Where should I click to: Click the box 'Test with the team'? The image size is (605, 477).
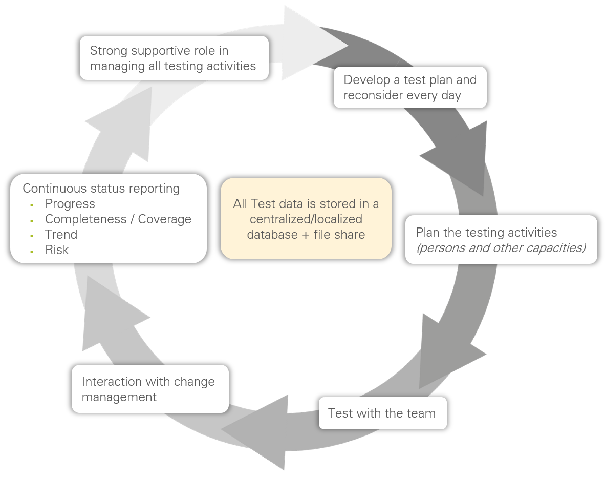point(382,413)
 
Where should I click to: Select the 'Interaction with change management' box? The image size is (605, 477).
point(150,389)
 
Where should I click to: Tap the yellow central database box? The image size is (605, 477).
point(306,219)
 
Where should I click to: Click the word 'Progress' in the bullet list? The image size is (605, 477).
point(70,204)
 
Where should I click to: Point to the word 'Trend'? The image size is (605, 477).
point(61,235)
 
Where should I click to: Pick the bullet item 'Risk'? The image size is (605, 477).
point(57,250)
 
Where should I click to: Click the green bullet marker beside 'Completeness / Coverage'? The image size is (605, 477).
point(32,220)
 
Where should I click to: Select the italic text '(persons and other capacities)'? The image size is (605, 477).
point(501,248)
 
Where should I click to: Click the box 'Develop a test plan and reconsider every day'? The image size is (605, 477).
point(410,88)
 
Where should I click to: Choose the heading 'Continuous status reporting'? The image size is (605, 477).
point(101,189)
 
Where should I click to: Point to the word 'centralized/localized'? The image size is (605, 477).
point(306,219)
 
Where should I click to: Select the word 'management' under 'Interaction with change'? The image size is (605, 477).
point(119,397)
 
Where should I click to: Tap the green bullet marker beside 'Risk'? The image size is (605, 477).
point(32,251)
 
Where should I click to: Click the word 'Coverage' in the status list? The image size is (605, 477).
point(165,219)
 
